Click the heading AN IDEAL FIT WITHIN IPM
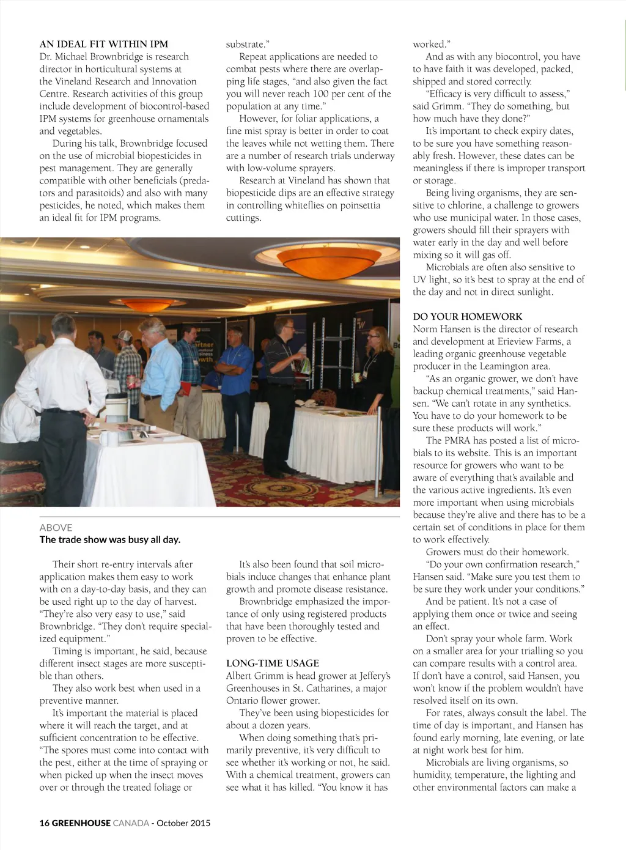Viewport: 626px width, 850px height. coord(103,44)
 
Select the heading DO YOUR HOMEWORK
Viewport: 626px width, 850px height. coord(467,316)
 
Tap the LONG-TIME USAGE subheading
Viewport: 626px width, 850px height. coord(272,663)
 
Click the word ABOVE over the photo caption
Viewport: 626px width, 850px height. coord(56,527)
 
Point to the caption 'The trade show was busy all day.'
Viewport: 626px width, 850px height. coord(109,539)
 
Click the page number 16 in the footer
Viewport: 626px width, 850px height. coord(44,822)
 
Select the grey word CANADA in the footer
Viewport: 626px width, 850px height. coord(131,822)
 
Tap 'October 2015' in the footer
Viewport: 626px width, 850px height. coord(183,822)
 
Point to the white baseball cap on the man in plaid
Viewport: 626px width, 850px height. coord(125,335)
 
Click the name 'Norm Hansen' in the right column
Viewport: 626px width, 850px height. coord(440,329)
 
